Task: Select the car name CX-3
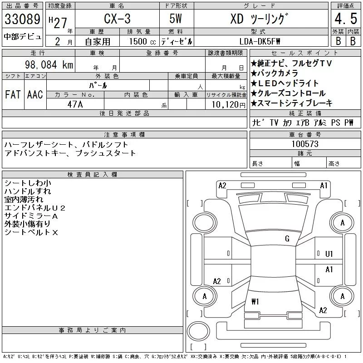point(115,20)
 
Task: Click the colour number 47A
point(75,104)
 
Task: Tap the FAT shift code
point(13,94)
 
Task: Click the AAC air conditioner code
point(35,94)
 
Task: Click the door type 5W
point(176,20)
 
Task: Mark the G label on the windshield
point(287,239)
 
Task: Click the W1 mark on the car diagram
point(255,301)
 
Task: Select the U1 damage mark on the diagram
point(329,254)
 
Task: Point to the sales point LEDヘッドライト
point(291,83)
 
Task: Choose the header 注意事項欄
point(124,135)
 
